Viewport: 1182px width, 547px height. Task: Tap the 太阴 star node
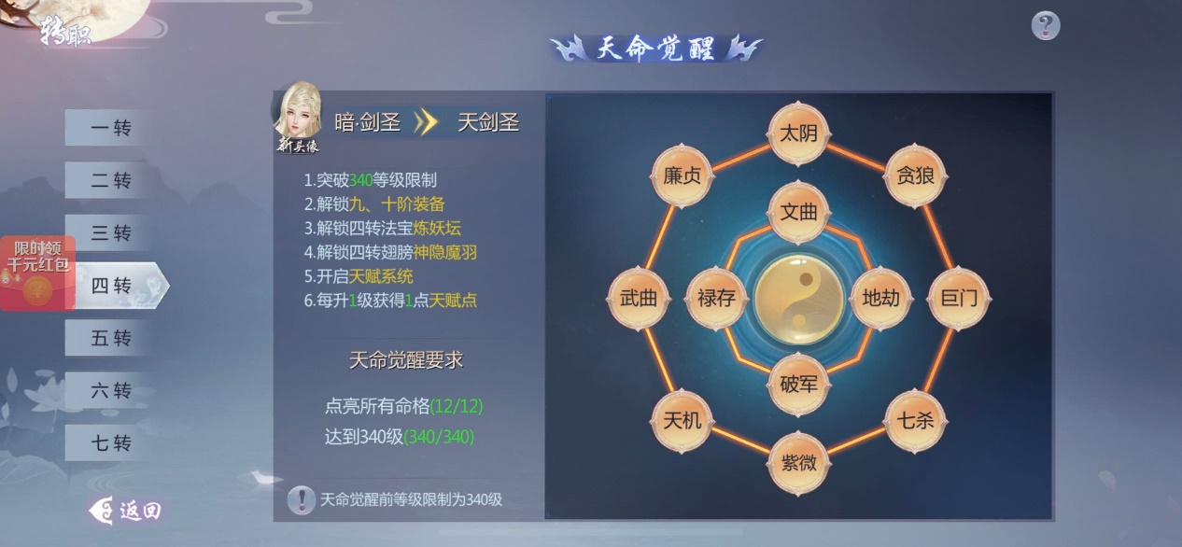pyautogui.click(x=798, y=133)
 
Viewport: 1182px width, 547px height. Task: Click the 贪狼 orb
pyautogui.click(x=915, y=175)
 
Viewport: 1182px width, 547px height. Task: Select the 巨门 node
pyautogui.click(x=958, y=298)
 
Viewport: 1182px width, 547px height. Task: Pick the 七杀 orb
pyautogui.click(x=915, y=420)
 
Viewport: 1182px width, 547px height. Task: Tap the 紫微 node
pyautogui.click(x=798, y=463)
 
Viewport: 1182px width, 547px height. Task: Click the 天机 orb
pyautogui.click(x=682, y=420)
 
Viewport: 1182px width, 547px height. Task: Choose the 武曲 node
pyautogui.click(x=639, y=298)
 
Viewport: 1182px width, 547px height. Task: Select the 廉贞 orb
pyautogui.click(x=682, y=175)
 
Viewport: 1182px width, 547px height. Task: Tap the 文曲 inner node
pyautogui.click(x=798, y=212)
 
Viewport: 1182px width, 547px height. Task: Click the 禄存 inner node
pyautogui.click(x=716, y=298)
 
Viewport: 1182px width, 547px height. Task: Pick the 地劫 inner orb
pyautogui.click(x=880, y=298)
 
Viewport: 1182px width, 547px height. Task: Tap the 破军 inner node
pyautogui.click(x=798, y=384)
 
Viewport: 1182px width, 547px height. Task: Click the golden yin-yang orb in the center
pyautogui.click(x=798, y=299)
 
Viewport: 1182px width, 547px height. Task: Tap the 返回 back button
pyautogui.click(x=126, y=511)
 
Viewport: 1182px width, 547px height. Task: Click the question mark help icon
pyautogui.click(x=1046, y=25)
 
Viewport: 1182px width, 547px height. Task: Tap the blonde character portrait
pyautogui.click(x=298, y=117)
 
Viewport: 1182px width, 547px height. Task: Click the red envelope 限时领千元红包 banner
pyautogui.click(x=37, y=273)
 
